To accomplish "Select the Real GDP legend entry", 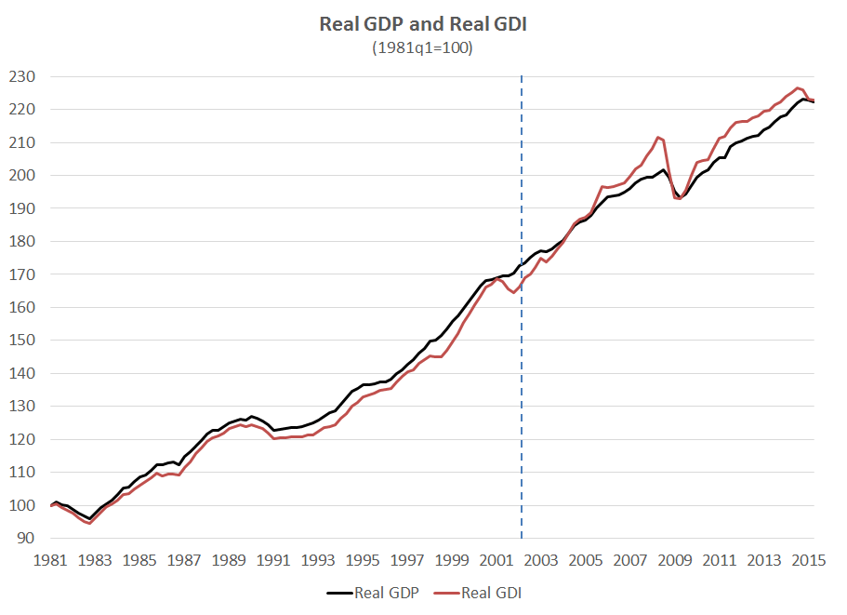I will click(x=372, y=593).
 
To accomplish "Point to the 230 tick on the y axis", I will click(x=23, y=76).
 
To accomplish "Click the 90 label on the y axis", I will click(x=27, y=539).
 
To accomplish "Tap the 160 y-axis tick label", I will click(x=23, y=307).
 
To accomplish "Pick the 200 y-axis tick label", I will click(x=23, y=175).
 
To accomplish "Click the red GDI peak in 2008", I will click(x=657, y=138).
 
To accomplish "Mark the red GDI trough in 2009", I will click(x=679, y=198).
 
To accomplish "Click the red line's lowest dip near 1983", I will click(x=88, y=523).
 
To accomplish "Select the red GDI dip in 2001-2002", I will click(x=513, y=292).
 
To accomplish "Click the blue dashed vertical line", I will click(x=521, y=372).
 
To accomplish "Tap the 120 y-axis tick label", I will click(x=23, y=439).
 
